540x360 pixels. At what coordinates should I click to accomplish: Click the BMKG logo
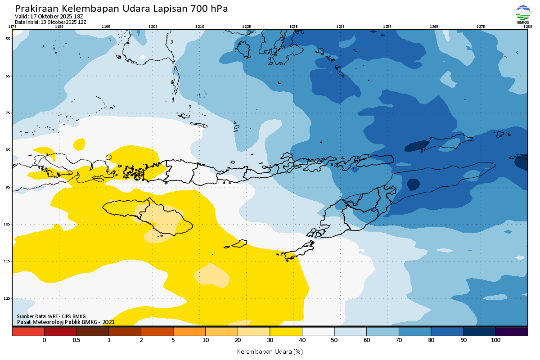click(523, 14)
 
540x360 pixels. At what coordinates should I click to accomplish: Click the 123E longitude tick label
click(293, 27)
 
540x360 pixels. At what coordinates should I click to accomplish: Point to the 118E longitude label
click(58, 27)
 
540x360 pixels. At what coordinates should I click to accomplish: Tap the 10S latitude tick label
click(8, 224)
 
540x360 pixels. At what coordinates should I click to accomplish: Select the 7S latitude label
click(8, 113)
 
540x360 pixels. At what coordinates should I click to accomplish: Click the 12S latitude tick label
click(8, 298)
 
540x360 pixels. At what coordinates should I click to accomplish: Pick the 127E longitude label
click(481, 27)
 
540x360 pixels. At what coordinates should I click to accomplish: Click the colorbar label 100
click(495, 340)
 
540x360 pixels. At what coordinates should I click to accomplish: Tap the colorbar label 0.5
click(76, 340)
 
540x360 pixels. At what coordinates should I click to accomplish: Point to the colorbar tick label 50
click(334, 340)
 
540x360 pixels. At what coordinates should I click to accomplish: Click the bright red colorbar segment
click(28, 332)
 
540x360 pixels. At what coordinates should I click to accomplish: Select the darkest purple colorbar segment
click(511, 332)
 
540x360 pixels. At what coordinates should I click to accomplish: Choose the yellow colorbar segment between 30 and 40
click(286, 332)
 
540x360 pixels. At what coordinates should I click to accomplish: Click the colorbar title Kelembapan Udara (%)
click(270, 351)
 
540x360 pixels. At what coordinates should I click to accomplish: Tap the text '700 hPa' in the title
click(210, 9)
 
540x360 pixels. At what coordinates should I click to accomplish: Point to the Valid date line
click(52, 17)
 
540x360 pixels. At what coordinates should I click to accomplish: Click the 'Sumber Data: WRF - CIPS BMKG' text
click(51, 316)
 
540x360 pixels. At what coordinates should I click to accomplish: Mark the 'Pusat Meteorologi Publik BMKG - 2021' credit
click(66, 322)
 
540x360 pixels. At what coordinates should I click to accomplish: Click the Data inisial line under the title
click(50, 22)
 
